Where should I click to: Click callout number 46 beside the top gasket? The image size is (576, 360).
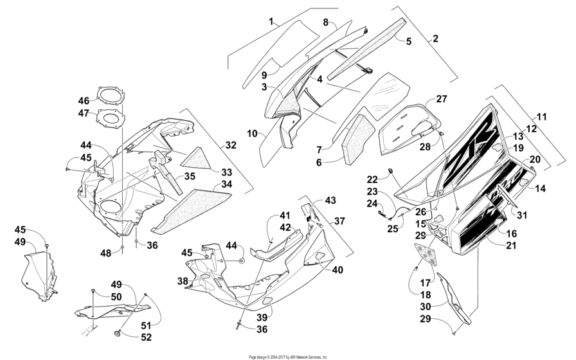[84, 101]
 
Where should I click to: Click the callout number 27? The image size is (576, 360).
[440, 99]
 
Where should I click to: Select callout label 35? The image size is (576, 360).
[190, 175]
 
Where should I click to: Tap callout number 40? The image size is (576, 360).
[337, 270]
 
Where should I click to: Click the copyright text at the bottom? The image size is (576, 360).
[287, 356]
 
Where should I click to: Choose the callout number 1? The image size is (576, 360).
[272, 21]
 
